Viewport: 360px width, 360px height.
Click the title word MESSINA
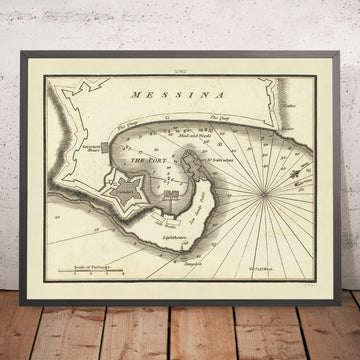tap(180, 98)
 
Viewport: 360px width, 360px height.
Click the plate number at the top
tap(180, 73)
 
